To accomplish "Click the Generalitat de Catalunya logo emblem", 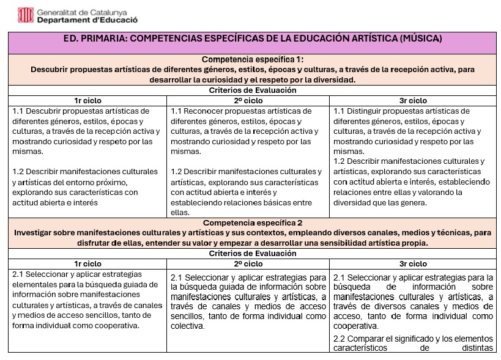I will pyautogui.click(x=26, y=15).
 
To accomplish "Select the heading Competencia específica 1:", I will pyautogui.click(x=252, y=60).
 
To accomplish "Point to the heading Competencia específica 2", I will pyautogui.click(x=252, y=223).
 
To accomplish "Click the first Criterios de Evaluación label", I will pyautogui.click(x=252, y=90).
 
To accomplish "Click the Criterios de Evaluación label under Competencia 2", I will pyautogui.click(x=252, y=253).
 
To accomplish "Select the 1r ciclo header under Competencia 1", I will pyautogui.click(x=87, y=100).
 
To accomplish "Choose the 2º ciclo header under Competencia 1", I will pyautogui.click(x=248, y=100).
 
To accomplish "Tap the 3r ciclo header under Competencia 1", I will pyautogui.click(x=413, y=100).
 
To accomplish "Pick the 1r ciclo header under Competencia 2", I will pyautogui.click(x=87, y=263).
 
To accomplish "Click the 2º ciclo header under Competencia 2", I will pyautogui.click(x=248, y=263).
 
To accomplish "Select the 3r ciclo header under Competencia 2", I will pyautogui.click(x=413, y=263).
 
